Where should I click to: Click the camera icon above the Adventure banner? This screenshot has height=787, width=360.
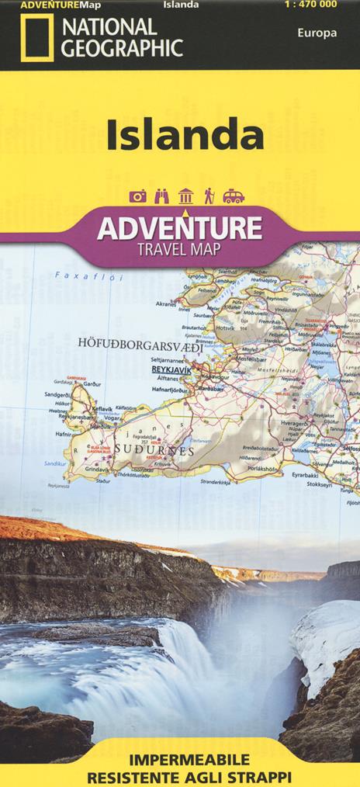pyautogui.click(x=138, y=196)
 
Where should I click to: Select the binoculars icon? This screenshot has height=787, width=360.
pyautogui.click(x=161, y=196)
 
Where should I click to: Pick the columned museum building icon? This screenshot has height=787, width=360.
pyautogui.click(x=185, y=196)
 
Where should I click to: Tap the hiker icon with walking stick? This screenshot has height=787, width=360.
pyautogui.click(x=208, y=196)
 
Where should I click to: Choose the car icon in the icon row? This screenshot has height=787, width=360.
pyautogui.click(x=234, y=196)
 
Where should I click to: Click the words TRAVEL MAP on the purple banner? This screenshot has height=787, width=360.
pyautogui.click(x=179, y=249)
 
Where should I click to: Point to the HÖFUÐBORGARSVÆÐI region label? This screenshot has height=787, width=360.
pyautogui.click(x=140, y=342)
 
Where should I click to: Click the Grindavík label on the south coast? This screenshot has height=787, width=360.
pyautogui.click(x=98, y=469)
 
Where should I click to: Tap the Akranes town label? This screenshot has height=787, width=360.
pyautogui.click(x=167, y=304)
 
